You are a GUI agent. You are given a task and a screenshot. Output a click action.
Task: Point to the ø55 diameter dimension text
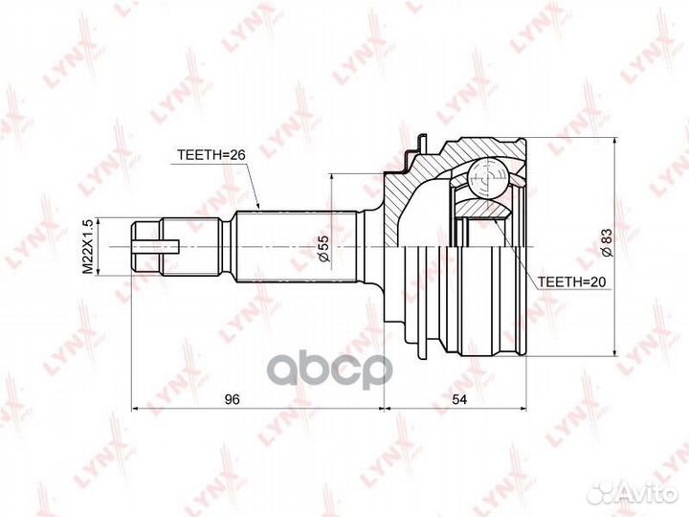tap(323, 250)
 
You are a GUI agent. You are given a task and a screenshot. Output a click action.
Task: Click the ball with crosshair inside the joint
tap(487, 178)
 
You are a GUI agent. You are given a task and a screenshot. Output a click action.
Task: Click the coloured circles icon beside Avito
tap(601, 493)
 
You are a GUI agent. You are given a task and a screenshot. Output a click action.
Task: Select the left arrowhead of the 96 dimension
tap(135, 409)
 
